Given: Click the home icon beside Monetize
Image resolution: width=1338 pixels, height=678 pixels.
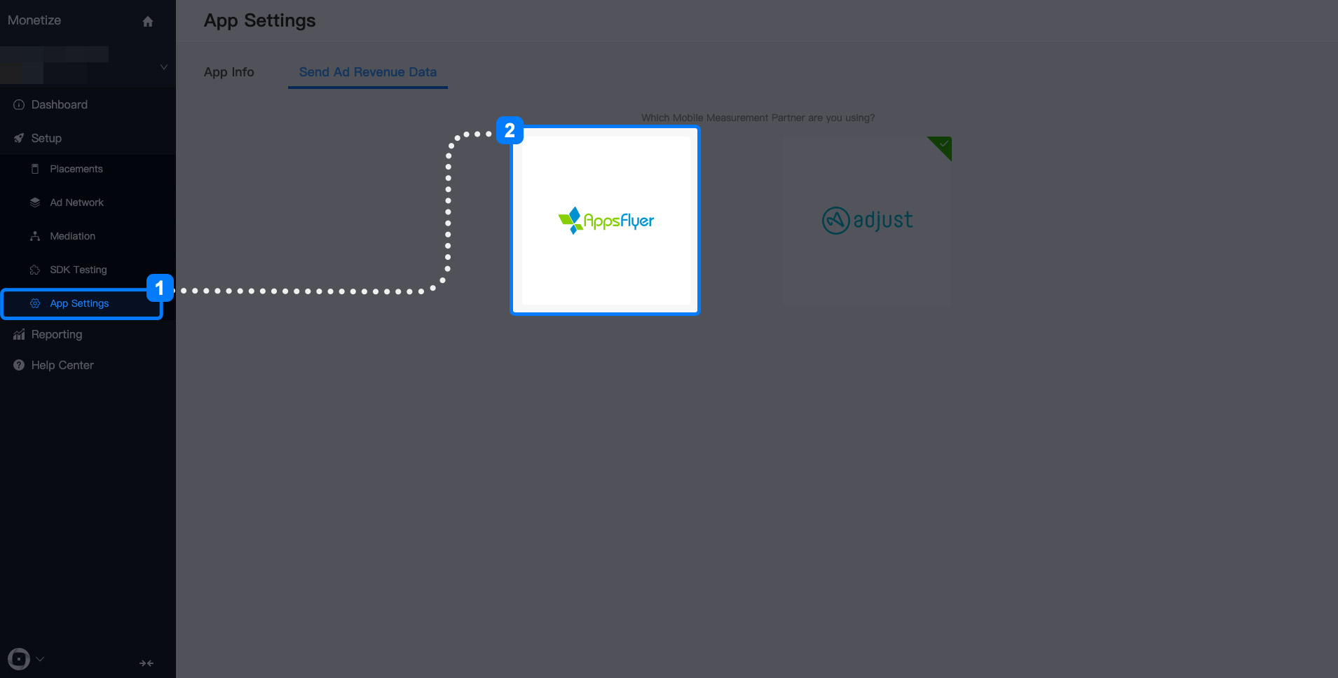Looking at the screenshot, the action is (x=148, y=22).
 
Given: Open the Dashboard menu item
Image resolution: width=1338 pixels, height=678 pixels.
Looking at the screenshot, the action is (x=60, y=105).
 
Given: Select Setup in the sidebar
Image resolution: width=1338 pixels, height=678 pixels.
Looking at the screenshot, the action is (x=46, y=139).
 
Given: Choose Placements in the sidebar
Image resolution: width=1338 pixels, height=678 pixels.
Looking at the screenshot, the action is (x=76, y=169).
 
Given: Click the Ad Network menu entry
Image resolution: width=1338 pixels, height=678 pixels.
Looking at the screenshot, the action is (x=76, y=202).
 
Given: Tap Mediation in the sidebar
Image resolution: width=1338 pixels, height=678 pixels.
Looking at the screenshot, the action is (x=72, y=236).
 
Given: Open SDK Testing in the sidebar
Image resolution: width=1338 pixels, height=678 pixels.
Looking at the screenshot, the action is (x=78, y=270).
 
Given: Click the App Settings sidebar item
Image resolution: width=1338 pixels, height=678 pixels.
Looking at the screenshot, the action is (x=79, y=303).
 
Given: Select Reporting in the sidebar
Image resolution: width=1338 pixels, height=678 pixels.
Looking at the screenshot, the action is (x=57, y=335).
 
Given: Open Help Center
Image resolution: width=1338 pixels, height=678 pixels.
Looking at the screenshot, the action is (x=62, y=366).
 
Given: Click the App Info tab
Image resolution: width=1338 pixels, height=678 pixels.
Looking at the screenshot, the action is (x=229, y=72).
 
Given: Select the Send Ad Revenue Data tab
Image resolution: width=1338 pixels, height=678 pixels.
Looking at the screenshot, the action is (x=368, y=72).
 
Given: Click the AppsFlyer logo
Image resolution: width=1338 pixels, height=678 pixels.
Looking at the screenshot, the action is (x=606, y=221).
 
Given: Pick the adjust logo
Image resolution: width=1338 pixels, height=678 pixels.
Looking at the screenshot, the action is (x=867, y=220).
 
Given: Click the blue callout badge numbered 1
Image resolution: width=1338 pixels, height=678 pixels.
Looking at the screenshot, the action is (x=160, y=288).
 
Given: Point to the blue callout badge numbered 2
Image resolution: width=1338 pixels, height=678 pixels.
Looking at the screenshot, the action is (x=510, y=130).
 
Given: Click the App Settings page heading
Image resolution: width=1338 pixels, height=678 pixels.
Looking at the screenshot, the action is (x=260, y=21).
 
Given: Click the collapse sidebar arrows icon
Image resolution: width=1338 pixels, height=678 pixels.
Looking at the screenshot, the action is (x=146, y=663).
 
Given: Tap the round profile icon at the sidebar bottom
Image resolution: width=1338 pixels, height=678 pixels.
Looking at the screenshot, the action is (x=19, y=659).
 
